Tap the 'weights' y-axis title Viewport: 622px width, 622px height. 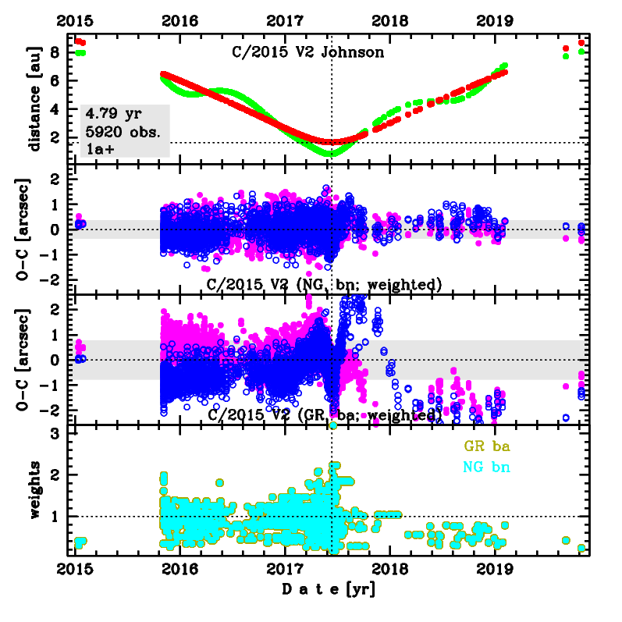(34, 489)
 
